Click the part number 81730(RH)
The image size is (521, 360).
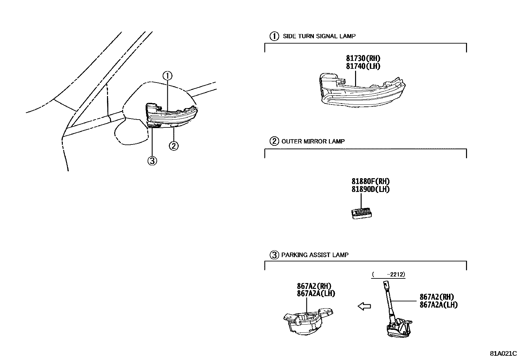363,59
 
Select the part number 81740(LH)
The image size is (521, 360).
363,66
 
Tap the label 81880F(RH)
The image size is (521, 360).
370,181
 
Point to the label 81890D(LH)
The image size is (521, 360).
370,189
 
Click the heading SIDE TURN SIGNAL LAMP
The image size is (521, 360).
319,36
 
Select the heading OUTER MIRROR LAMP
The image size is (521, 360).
313,142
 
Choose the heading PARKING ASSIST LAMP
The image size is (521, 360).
315,255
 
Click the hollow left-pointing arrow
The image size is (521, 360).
364,307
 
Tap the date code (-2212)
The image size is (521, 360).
388,275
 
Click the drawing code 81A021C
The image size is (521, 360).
503,354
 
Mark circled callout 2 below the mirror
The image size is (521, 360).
173,145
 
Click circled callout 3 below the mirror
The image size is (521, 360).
152,161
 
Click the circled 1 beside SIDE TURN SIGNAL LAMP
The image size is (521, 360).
274,36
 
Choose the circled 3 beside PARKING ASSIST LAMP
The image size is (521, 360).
274,255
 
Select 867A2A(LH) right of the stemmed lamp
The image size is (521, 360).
439,305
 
